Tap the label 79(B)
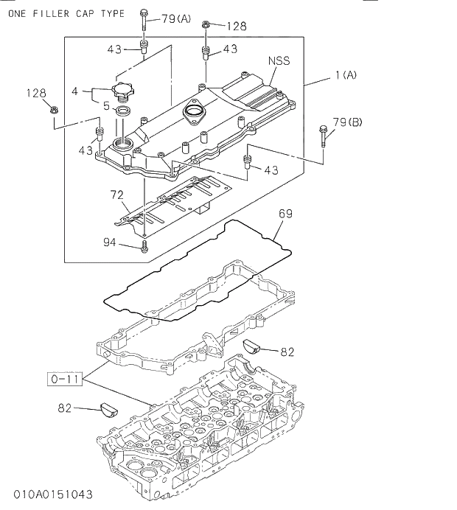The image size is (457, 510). click(x=347, y=122)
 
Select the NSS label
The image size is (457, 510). click(x=278, y=61)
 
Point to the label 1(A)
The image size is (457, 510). click(x=345, y=74)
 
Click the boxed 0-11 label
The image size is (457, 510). click(x=64, y=380)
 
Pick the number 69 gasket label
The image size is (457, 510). click(x=285, y=214)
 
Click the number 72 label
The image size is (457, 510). click(x=116, y=195)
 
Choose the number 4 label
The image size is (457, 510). click(x=75, y=91)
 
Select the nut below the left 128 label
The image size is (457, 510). click(x=55, y=111)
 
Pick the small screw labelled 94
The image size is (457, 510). click(x=144, y=245)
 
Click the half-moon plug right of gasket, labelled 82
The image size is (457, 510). click(x=253, y=346)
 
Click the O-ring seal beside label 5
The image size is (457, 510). click(x=125, y=112)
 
